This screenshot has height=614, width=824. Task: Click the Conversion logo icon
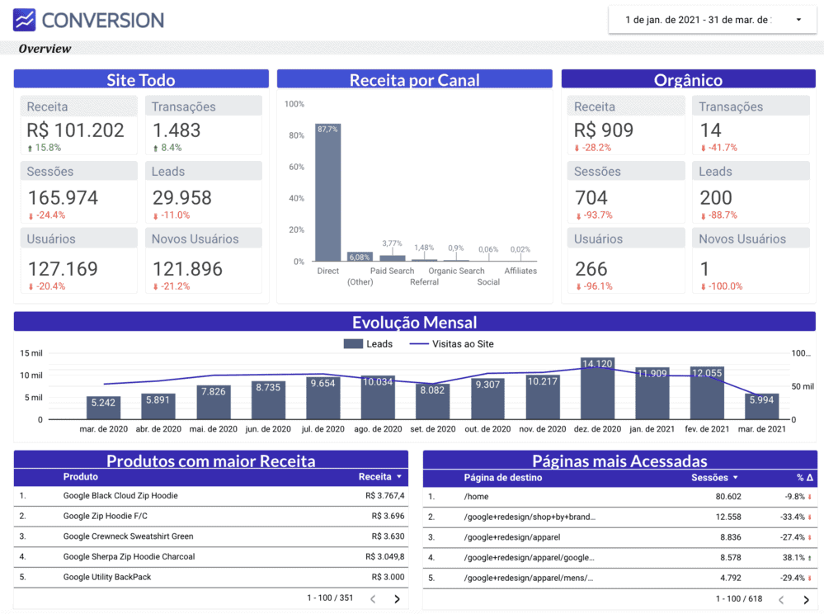point(24,20)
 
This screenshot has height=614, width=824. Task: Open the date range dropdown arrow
point(798,20)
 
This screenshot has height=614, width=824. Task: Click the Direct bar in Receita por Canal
point(328,192)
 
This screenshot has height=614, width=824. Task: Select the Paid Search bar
point(392,258)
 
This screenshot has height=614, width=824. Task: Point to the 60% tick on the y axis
point(296,167)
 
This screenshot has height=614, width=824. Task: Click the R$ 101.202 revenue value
point(76,130)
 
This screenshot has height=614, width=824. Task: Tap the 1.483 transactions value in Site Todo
point(177,130)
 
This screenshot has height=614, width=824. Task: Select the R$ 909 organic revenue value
point(604,130)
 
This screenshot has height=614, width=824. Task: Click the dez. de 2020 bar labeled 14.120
point(597,389)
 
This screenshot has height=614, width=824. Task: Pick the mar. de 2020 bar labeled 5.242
point(104,408)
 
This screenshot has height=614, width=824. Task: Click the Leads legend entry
point(368,344)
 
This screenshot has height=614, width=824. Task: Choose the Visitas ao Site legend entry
point(451,344)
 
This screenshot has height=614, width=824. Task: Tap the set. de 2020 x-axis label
point(433,429)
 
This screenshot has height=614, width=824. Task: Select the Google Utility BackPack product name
point(107,577)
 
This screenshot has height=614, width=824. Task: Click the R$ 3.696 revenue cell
point(388,516)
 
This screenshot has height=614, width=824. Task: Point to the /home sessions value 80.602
point(728,496)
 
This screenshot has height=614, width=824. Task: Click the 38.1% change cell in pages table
point(793,557)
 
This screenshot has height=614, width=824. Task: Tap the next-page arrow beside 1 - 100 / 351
point(397,599)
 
